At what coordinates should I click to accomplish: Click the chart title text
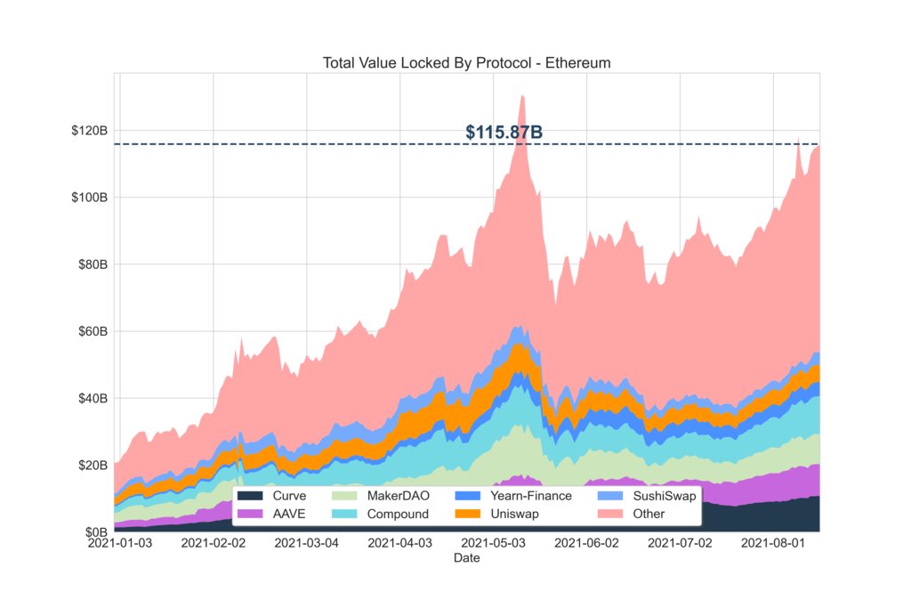[x=466, y=63]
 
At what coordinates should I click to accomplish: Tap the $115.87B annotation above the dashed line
[x=504, y=133]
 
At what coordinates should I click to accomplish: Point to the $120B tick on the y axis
[x=90, y=131]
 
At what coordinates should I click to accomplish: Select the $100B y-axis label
[x=90, y=198]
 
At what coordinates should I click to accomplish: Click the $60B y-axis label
[x=93, y=332]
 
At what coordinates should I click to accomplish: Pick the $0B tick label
[x=96, y=532]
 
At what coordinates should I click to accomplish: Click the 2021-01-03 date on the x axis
[x=120, y=542]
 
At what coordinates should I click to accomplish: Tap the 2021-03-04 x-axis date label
[x=305, y=542]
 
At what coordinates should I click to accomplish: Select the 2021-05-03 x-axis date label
[x=492, y=542]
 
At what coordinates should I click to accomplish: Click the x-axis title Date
[x=467, y=558]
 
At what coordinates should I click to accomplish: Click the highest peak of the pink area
[x=522, y=96]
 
